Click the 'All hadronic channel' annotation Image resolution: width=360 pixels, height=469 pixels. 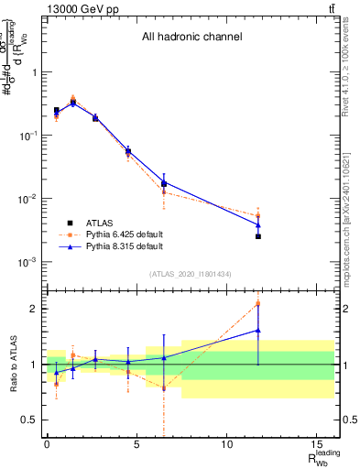[191, 38]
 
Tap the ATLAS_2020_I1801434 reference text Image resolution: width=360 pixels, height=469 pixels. [191, 275]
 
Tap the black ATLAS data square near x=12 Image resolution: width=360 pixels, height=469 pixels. [258, 236]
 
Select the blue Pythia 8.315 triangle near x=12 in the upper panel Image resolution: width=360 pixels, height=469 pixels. [258, 224]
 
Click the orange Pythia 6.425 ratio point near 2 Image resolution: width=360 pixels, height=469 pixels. [258, 304]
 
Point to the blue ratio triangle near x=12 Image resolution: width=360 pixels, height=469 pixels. [258, 331]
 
